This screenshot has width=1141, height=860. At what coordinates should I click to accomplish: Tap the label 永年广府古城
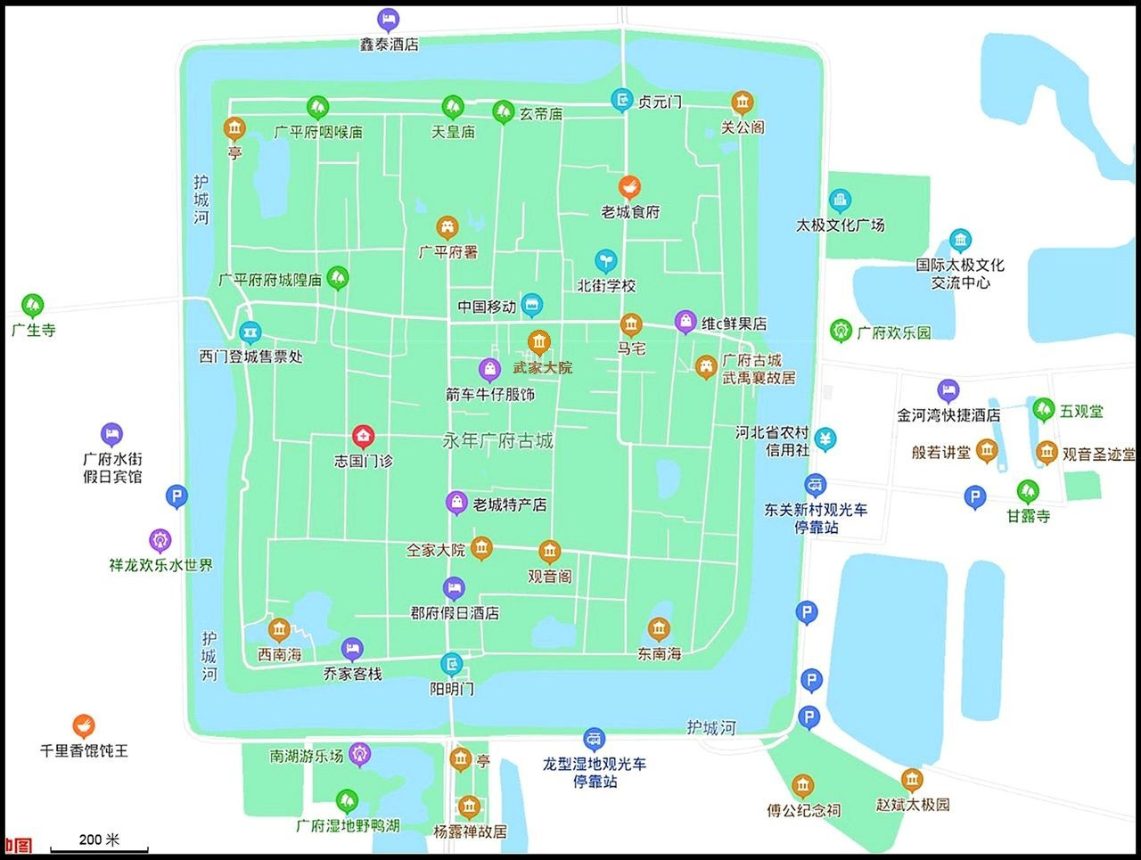point(497,440)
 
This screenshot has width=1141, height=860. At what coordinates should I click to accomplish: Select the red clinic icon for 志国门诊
point(363,436)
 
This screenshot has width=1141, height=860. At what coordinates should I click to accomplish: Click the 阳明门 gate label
point(452,688)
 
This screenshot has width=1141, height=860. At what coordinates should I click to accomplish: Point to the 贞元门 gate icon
point(622,100)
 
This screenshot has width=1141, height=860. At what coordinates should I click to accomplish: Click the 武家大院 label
point(542,367)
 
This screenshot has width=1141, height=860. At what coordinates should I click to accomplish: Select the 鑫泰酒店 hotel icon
point(388,19)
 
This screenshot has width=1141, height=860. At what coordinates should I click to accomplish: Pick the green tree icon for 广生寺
point(33,306)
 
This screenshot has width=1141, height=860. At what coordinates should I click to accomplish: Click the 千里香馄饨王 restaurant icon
point(84,725)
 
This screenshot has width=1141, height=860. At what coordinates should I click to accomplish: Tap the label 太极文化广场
point(840,225)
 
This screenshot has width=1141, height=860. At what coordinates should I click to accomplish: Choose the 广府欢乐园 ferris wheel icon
point(841,331)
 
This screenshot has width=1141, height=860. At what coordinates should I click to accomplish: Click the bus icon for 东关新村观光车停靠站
point(815,485)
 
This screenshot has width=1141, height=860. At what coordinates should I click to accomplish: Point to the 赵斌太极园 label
point(912,804)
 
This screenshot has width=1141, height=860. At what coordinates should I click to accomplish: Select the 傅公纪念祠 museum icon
point(802,786)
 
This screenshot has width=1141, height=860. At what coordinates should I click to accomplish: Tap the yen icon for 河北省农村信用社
point(826,438)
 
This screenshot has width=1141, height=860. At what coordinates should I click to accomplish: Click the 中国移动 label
point(487,307)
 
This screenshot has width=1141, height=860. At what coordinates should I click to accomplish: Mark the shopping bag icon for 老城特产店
point(456,504)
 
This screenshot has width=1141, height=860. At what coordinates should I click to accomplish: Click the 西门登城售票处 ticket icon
point(250,332)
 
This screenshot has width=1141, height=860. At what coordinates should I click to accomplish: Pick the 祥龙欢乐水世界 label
point(160,565)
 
